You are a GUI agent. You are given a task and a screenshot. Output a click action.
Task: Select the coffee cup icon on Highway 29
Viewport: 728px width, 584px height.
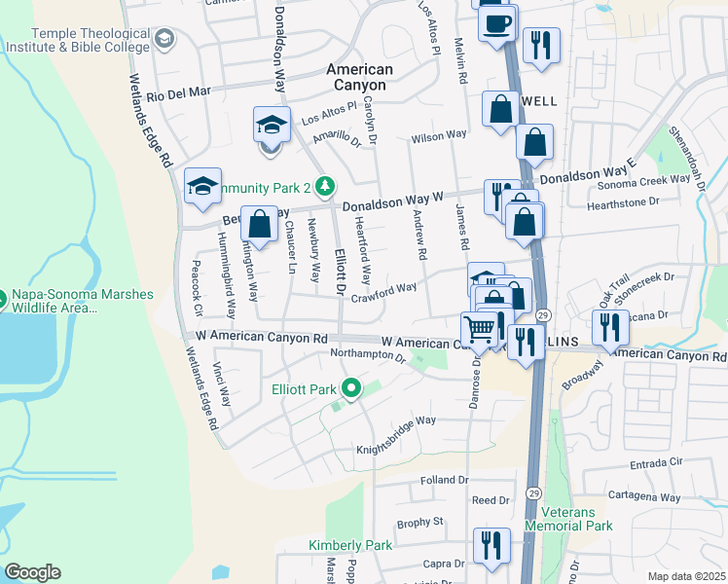[498, 22]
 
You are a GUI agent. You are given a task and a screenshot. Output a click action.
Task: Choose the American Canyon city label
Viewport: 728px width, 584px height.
[360, 77]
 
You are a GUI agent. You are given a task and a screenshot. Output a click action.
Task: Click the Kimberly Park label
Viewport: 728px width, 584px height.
[350, 545]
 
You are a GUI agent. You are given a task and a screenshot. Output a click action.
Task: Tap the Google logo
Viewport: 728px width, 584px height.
[32, 572]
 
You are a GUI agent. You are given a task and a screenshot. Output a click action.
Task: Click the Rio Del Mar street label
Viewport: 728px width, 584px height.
[179, 93]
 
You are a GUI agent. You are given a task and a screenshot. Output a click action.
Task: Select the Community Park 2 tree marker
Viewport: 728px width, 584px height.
[327, 185]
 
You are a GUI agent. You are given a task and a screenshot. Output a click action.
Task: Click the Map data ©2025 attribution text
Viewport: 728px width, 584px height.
[685, 576]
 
